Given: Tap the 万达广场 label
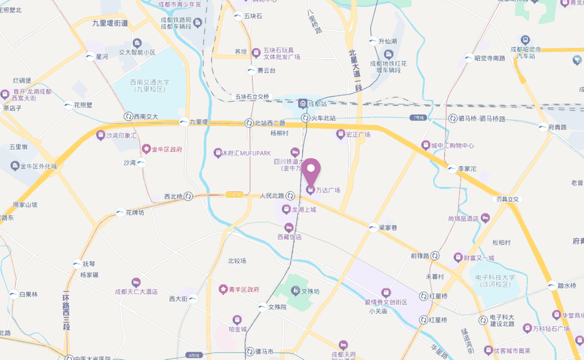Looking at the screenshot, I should coord(328,190).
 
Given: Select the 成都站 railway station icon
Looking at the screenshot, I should coord(303,103).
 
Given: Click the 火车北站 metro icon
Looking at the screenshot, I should coord(305,118).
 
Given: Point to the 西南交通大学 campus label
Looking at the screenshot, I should coord(150,85).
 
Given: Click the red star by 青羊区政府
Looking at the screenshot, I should coord(223,289).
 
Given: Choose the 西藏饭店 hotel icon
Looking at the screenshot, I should coord(288,227).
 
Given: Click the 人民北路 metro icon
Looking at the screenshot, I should coord(290,196).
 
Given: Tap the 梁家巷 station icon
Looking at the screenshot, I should coord(373,228).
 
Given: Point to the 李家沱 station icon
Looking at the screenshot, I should coord(452,168).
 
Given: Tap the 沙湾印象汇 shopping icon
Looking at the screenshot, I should coord(98,135).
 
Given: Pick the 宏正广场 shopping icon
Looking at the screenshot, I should coord(340,134).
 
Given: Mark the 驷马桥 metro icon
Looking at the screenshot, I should coord(453,119).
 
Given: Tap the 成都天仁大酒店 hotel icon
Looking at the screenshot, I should coord(136,282).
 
